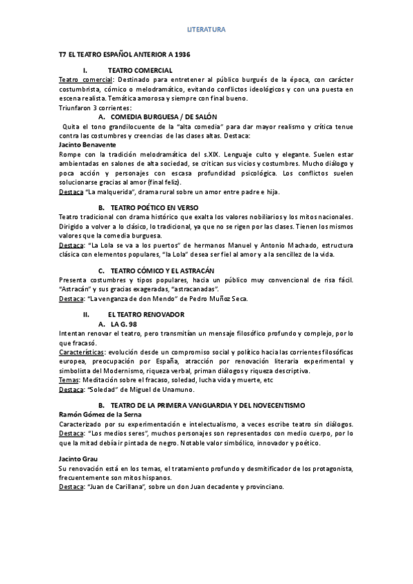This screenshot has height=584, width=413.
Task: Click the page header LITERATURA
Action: (x=206, y=30)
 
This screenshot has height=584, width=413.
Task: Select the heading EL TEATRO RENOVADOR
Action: (x=145, y=313)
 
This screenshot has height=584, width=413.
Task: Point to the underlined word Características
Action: (x=81, y=351)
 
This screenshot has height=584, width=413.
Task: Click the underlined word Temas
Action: (x=69, y=379)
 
